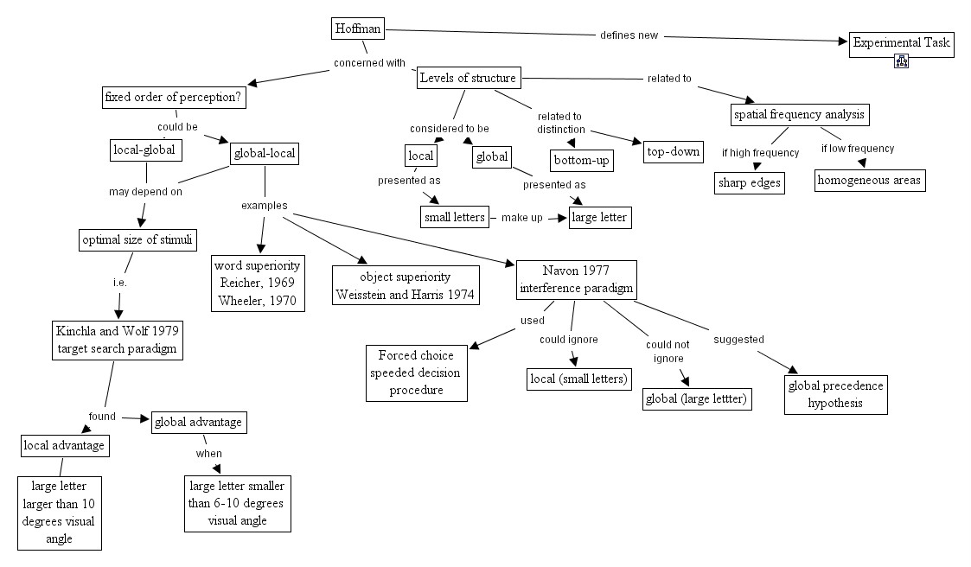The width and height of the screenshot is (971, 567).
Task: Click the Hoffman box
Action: point(358,29)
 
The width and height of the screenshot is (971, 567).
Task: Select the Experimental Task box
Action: point(901,45)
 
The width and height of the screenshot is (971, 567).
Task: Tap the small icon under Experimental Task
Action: point(901,61)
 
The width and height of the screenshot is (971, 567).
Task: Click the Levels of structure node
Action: point(468,78)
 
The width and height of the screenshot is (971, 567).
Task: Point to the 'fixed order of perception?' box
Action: point(174,97)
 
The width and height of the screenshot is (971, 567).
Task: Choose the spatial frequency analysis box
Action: point(800,114)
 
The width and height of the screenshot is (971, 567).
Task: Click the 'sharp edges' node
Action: point(750,183)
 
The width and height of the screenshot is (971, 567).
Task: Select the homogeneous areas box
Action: point(870,180)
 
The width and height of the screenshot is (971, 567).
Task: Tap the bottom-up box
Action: point(582,160)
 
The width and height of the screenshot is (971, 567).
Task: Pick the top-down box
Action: point(674,151)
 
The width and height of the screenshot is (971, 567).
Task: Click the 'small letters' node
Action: point(455,217)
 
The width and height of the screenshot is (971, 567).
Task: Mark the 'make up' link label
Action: point(522,218)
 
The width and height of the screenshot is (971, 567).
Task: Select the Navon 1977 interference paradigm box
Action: point(577,280)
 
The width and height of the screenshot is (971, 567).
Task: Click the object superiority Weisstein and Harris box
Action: point(406,285)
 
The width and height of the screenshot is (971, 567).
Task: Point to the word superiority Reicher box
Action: point(258,283)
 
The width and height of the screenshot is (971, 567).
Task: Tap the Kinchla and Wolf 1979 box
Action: point(118,340)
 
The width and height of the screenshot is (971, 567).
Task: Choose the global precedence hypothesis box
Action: point(835,394)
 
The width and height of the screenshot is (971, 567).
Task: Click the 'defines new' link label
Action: point(629,35)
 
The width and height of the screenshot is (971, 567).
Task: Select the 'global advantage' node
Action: point(199,422)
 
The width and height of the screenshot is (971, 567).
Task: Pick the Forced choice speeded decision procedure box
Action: point(416,373)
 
